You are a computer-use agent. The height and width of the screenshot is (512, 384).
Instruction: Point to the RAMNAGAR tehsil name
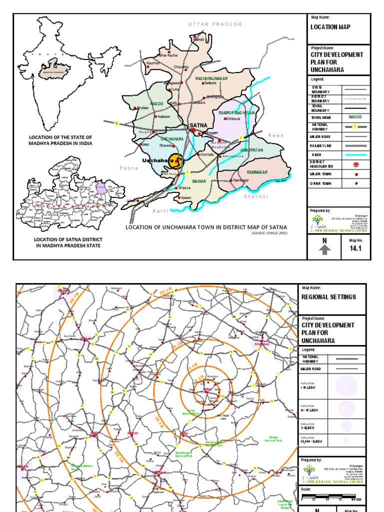point(257,172)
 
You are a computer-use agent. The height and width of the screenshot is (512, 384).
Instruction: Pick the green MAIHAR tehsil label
point(199,181)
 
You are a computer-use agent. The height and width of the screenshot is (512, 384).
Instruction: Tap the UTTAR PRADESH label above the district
point(215,24)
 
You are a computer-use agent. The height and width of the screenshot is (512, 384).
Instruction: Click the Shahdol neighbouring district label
point(256,196)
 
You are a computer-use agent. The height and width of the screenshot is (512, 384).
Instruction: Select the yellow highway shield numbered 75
point(116,123)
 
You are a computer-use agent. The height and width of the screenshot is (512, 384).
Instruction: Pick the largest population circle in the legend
point(346,386)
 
